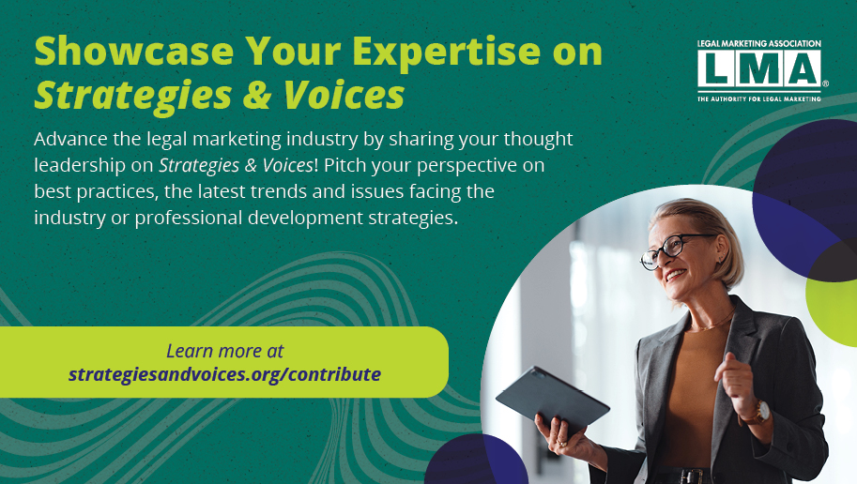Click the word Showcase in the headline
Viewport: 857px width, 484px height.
[x=134, y=51]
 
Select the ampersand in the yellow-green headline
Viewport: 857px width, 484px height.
[x=257, y=95]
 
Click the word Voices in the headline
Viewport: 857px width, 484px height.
[x=344, y=95]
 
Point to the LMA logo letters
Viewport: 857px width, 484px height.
[x=759, y=69]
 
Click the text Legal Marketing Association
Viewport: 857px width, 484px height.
[x=759, y=44]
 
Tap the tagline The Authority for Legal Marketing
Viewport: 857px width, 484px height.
[x=759, y=98]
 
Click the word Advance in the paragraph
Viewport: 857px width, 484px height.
[x=71, y=140]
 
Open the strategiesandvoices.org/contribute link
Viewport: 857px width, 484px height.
[x=224, y=375]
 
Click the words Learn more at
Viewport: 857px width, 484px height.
[x=224, y=351]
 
